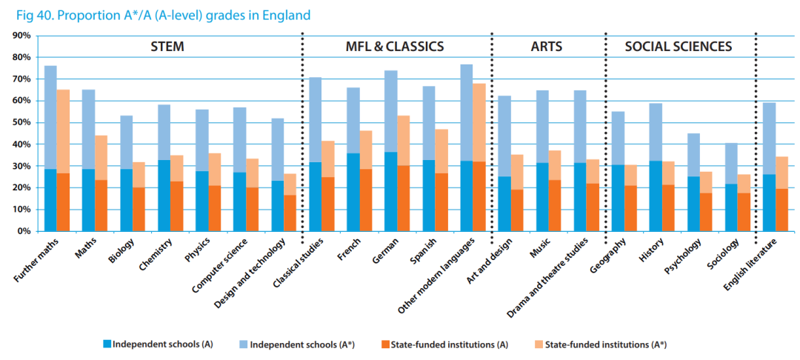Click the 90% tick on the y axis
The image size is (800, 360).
[20, 36]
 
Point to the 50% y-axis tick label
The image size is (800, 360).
[20, 122]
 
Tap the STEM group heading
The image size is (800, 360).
[167, 47]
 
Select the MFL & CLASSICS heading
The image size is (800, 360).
[395, 47]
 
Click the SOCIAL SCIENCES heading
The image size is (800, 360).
[678, 47]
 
